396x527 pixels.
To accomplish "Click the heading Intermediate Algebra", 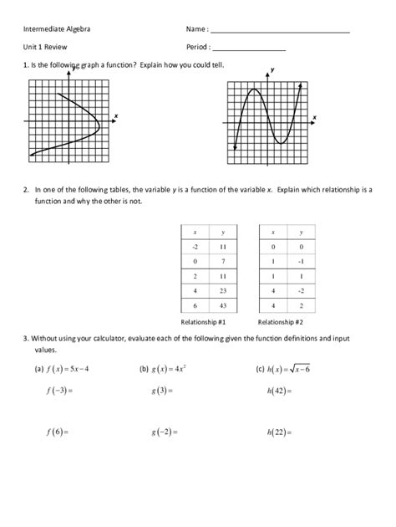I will pyautogui.click(x=58, y=30).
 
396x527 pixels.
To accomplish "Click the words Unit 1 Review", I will pyautogui.click(x=45, y=48).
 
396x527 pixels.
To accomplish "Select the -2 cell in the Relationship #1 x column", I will pyautogui.click(x=195, y=248).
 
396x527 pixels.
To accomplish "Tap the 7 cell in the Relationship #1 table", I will pyautogui.click(x=223, y=263).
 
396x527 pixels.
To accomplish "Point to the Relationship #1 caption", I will pyautogui.click(x=209, y=322).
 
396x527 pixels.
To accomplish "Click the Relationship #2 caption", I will pyautogui.click(x=281, y=322).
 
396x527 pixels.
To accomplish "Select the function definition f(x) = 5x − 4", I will pyautogui.click(x=68, y=369).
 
